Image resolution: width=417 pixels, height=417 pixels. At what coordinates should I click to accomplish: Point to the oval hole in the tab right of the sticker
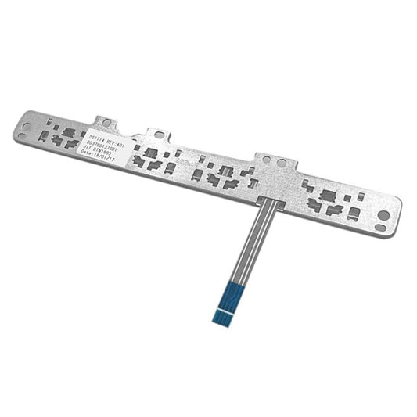(160, 135)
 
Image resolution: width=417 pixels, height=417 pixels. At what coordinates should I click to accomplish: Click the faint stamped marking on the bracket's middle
(182, 163)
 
